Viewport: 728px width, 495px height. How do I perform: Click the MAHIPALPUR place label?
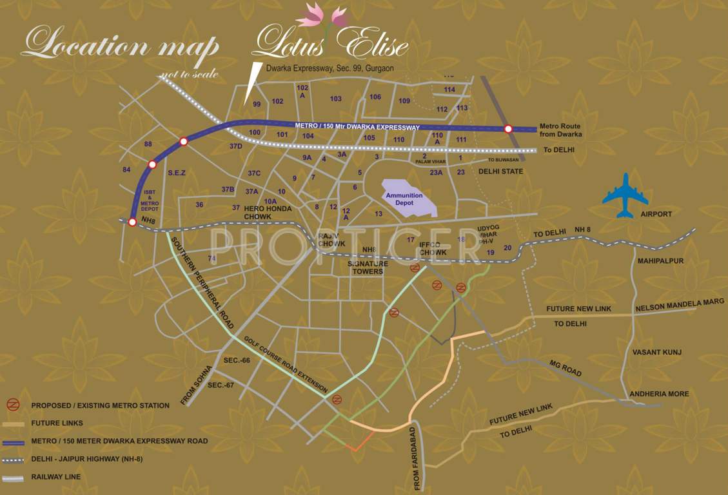click(x=660, y=261)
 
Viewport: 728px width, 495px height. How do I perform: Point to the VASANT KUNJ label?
click(x=656, y=352)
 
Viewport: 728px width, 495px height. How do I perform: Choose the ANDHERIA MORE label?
click(x=660, y=394)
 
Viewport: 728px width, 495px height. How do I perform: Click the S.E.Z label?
click(x=177, y=173)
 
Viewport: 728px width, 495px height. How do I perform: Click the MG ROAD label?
click(x=565, y=369)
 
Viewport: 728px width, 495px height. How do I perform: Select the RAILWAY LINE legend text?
click(x=56, y=477)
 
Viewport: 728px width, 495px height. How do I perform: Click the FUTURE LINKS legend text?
click(x=57, y=423)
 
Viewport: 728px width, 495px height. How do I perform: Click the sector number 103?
click(x=335, y=99)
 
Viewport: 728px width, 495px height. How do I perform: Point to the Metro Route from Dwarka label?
click(x=560, y=130)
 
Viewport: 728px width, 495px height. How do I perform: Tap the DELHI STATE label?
click(x=500, y=171)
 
